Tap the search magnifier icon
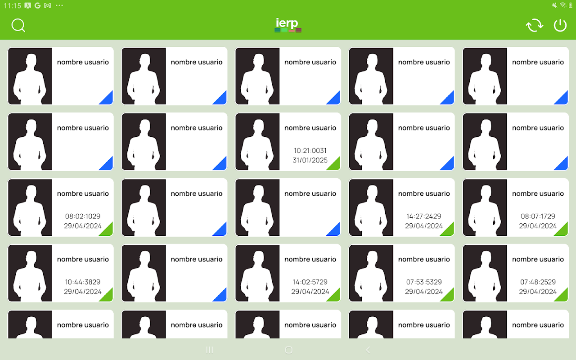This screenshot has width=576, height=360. [x=18, y=26]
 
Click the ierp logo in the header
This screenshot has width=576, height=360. [x=288, y=25]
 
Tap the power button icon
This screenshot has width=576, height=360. [x=560, y=26]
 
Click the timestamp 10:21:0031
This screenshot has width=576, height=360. [x=310, y=151]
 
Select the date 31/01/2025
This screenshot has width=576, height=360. [x=310, y=160]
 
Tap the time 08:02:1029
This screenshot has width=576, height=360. [x=82, y=216]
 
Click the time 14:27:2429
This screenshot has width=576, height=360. [x=424, y=216]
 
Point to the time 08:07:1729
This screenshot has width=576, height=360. [x=538, y=216]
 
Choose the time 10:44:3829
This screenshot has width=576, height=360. [x=82, y=282]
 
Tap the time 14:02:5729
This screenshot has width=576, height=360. [x=310, y=282]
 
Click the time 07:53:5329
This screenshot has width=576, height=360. [x=424, y=282]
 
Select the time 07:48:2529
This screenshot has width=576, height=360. [x=538, y=282]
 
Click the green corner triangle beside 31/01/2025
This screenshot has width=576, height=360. [x=335, y=165]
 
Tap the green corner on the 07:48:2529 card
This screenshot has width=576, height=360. [x=563, y=297]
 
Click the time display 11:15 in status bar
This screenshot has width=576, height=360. [x=12, y=6]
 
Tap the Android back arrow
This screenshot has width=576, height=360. [x=368, y=350]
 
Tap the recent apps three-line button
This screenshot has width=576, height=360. [x=210, y=350]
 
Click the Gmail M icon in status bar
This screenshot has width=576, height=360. [x=48, y=5]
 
